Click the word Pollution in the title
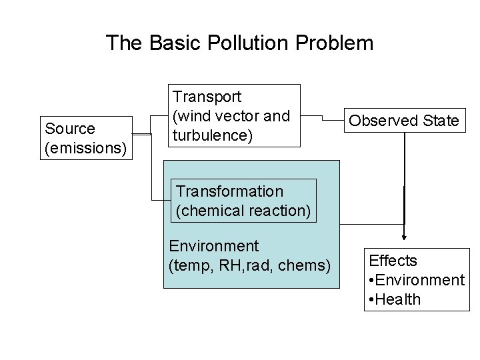click(x=241, y=43)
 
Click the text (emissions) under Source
click(x=85, y=146)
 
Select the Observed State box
click(x=403, y=121)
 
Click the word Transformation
click(x=229, y=191)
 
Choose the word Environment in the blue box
click(x=213, y=246)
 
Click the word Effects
click(x=393, y=261)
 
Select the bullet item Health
click(x=397, y=299)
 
